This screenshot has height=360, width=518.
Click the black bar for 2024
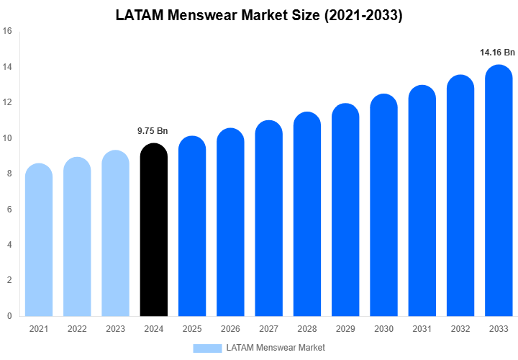[x=153, y=230]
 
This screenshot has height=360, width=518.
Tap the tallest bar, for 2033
[x=499, y=191]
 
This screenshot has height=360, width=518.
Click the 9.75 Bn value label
[x=153, y=131]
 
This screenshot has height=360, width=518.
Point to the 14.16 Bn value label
[x=497, y=53]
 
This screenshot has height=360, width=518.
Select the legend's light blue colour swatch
[x=207, y=348]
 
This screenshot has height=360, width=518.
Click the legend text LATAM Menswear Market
[x=276, y=348]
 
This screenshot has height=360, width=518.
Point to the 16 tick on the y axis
[x=7, y=31]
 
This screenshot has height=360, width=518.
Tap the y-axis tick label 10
[x=7, y=138]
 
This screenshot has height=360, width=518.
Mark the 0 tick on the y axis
[x=9, y=315]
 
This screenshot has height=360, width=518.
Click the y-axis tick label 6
[x=9, y=210]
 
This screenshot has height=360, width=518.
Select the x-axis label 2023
[x=115, y=329]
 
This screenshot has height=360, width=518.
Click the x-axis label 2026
[x=230, y=329]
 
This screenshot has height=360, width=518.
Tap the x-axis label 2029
[x=345, y=329]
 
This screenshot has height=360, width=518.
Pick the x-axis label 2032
[x=460, y=329]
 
